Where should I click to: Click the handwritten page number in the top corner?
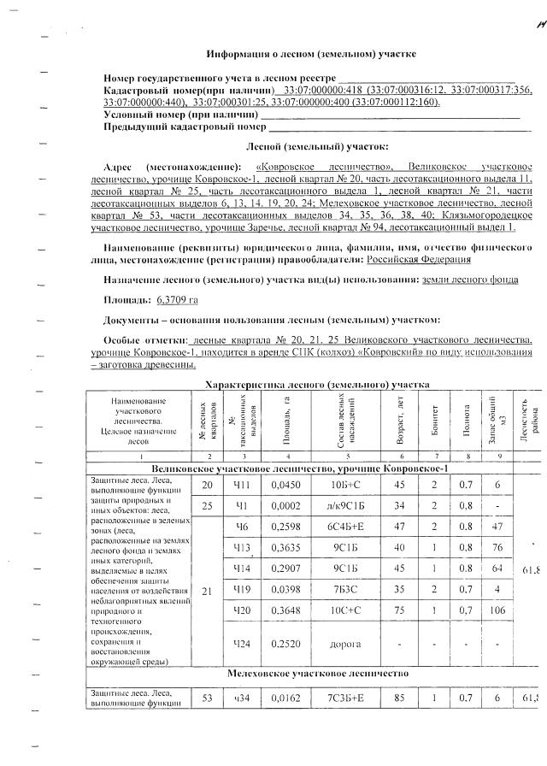(x=537, y=26)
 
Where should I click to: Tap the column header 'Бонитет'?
(x=434, y=417)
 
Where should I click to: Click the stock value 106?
(x=500, y=610)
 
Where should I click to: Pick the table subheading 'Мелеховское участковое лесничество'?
(x=312, y=674)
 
